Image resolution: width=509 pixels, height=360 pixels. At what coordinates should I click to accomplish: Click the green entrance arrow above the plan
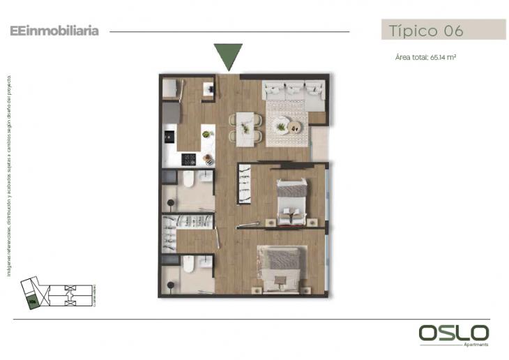228,55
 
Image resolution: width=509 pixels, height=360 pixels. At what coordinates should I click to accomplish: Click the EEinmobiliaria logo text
54,31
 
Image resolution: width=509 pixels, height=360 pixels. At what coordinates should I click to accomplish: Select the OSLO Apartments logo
453,333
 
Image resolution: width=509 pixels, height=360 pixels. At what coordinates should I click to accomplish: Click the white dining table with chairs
245,129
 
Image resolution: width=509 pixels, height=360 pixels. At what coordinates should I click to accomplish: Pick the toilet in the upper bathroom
187,180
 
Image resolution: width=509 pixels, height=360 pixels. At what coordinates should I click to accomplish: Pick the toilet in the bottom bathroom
187,265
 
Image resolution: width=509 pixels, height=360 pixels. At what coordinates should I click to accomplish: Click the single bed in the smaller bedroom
292,201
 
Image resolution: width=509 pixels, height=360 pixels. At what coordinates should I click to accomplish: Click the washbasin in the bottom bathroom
204,262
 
